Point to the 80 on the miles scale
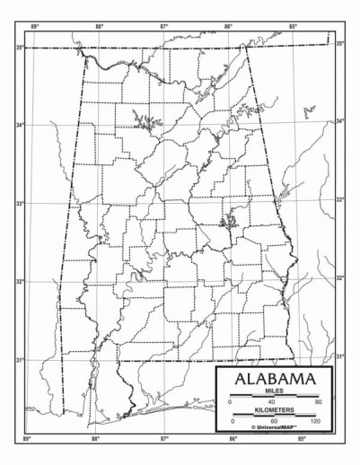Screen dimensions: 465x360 pos(317,403)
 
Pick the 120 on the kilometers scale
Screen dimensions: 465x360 pos(315,421)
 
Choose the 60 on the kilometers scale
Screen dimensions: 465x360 pos(274,421)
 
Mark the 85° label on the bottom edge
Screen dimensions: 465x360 pos(303,439)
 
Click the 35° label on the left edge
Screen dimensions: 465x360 pos(19,47)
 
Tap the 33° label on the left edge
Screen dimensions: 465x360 pos(19,204)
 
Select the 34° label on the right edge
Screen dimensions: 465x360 pos(340,121)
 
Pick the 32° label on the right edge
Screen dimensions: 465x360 pos(340,278)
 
